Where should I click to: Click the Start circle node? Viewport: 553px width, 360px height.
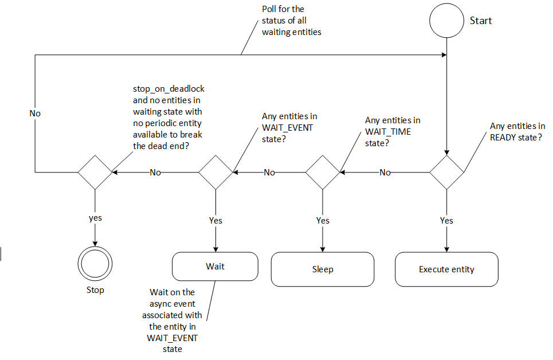447,21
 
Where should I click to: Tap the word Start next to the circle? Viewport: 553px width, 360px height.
481,21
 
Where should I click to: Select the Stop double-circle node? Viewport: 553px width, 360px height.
95,265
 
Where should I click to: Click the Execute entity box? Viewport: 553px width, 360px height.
446,269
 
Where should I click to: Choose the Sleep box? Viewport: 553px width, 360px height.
322,269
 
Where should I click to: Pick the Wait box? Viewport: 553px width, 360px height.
215,267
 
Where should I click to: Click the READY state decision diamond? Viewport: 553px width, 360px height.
447,171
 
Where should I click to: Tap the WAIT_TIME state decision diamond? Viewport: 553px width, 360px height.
322,171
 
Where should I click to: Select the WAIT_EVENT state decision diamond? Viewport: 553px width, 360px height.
215,171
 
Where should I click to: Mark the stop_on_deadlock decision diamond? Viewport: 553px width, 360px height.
95,171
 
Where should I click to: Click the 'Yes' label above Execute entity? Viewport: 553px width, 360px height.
446,221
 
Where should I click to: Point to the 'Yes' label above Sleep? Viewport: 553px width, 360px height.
323,221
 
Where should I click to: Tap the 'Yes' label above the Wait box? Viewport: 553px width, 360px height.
215,221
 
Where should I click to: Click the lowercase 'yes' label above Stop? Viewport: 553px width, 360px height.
95,218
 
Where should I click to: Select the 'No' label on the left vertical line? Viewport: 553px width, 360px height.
35,114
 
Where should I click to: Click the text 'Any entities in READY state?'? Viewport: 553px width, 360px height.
516,131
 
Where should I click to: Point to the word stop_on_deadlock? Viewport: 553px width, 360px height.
168,89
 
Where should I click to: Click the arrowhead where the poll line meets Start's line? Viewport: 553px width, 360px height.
444,55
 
